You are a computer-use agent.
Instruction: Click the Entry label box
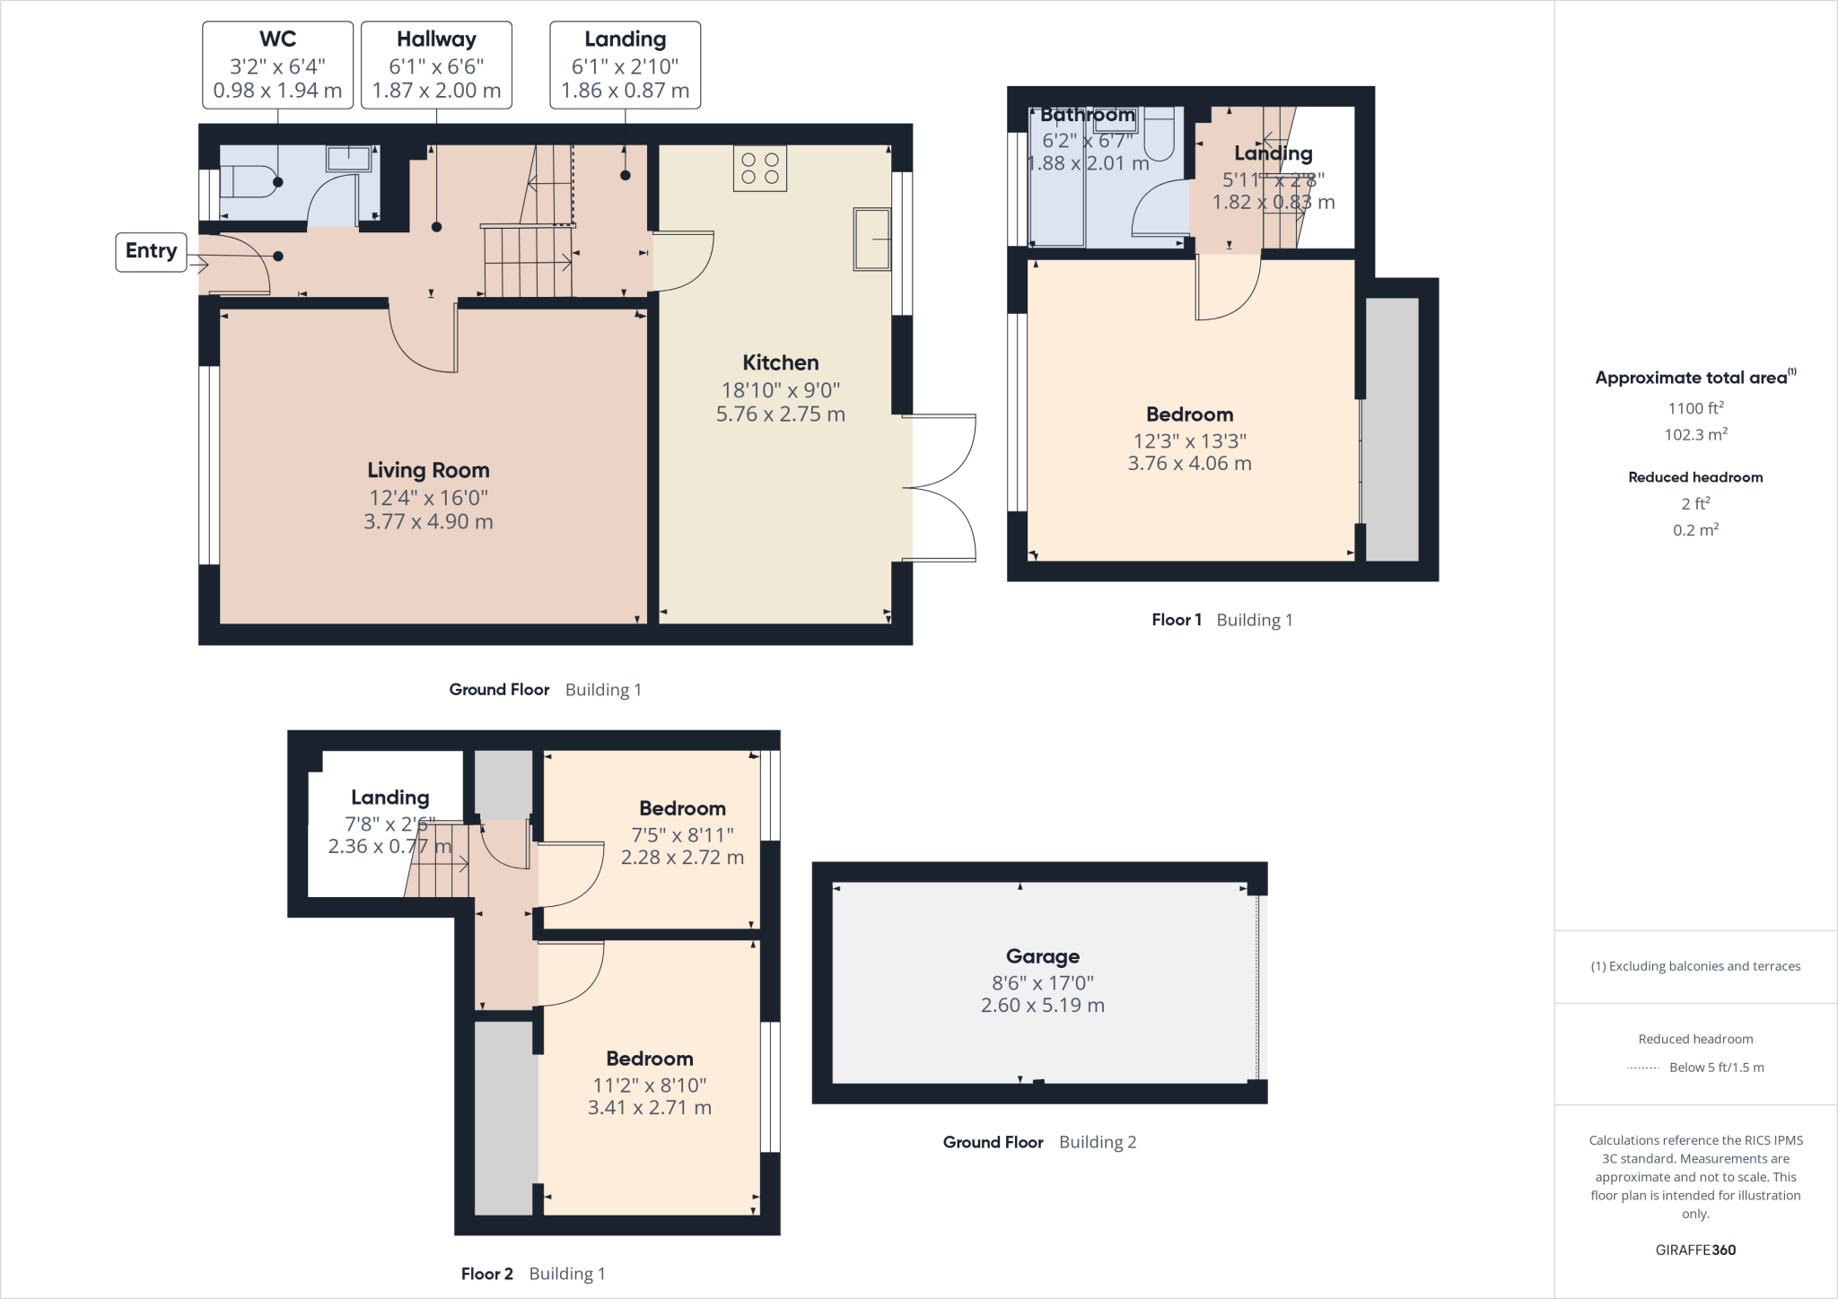[x=151, y=251]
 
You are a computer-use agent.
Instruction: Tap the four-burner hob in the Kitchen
[x=760, y=169]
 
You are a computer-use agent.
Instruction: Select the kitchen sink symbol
[x=871, y=239]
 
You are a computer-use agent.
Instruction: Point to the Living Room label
[x=428, y=470]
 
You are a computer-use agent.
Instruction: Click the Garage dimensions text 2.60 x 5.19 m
[x=1042, y=1006]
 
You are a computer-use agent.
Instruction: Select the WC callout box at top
[x=277, y=65]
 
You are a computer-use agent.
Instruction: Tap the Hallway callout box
[x=436, y=65]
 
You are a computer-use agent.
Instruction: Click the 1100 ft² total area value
[x=1694, y=409]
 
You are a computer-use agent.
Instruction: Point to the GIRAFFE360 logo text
[x=1694, y=1250]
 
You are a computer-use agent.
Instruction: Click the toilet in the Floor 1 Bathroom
[x=1160, y=135]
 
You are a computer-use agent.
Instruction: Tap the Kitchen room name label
[x=780, y=362]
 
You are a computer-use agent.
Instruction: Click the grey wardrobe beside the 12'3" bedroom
[x=1391, y=429]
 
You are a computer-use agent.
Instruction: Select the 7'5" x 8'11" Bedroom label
[x=682, y=809]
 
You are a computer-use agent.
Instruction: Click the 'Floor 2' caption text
[x=486, y=1274]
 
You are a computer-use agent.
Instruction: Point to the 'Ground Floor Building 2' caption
[x=1038, y=1142]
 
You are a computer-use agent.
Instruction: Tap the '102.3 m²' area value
[x=1694, y=435]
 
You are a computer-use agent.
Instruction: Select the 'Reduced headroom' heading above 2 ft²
[x=1694, y=477]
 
